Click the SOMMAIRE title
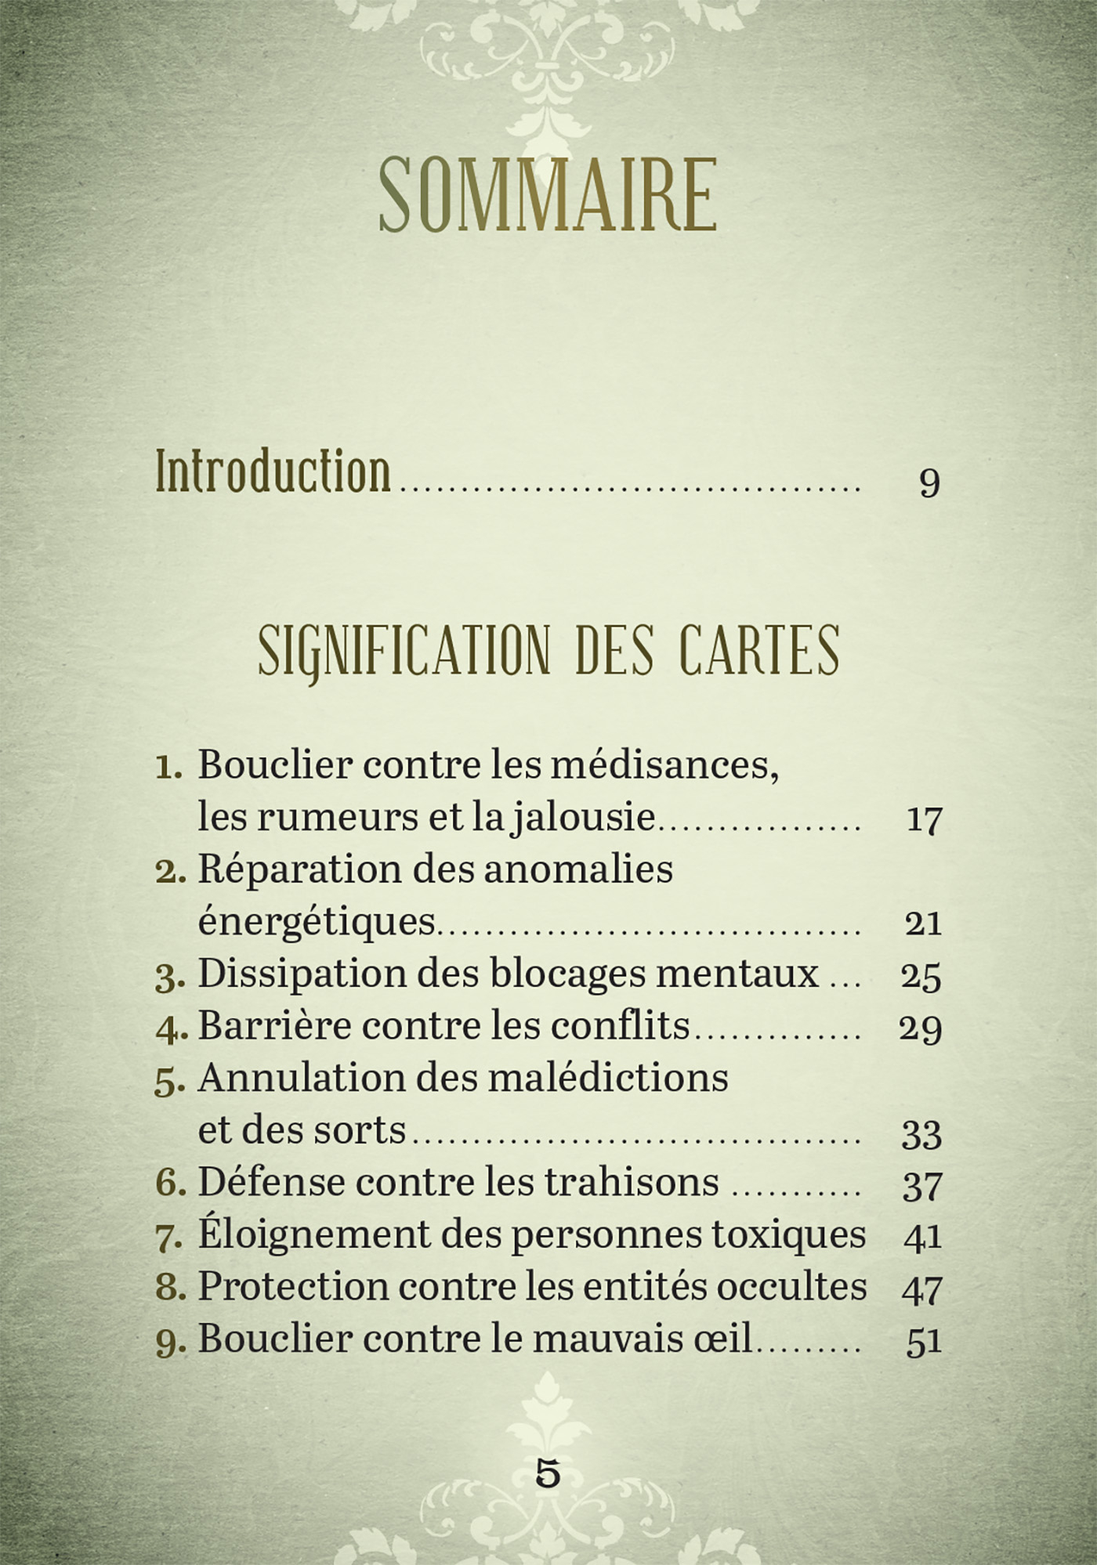point(548,196)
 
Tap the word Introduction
point(273,472)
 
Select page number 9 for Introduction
point(929,483)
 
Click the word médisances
point(664,764)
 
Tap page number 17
point(923,820)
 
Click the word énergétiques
point(317,922)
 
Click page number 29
point(921,1028)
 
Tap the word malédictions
point(608,1079)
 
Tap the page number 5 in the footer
point(548,1474)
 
